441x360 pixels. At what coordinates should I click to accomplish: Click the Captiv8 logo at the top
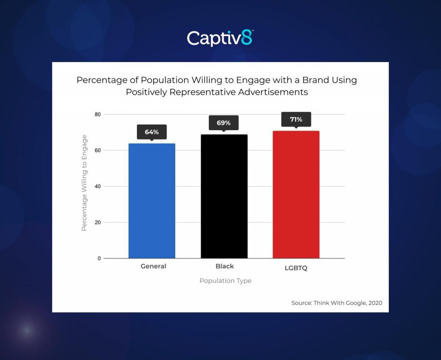click(x=220, y=38)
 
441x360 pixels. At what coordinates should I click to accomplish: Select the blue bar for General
click(x=152, y=201)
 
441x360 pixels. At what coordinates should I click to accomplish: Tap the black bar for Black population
click(x=224, y=197)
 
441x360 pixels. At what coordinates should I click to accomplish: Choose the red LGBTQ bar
click(x=296, y=195)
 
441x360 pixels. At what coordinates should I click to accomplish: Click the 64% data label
click(x=152, y=132)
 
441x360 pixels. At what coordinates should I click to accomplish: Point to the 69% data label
click(x=224, y=123)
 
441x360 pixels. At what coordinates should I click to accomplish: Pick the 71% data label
click(x=296, y=119)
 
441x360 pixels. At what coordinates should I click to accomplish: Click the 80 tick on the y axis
click(x=98, y=114)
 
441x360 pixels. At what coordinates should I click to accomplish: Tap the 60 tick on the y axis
click(x=98, y=150)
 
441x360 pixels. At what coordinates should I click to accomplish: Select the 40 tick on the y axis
click(x=98, y=186)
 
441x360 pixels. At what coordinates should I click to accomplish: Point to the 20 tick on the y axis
click(x=98, y=222)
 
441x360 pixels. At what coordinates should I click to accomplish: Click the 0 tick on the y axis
click(x=99, y=258)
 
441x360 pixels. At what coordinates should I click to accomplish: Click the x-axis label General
click(x=153, y=266)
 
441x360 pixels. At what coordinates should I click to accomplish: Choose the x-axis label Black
click(x=224, y=266)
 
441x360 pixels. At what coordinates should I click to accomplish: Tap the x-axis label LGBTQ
click(x=296, y=267)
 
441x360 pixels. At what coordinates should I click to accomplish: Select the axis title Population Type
click(x=225, y=281)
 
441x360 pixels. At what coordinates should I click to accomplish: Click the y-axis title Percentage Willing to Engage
click(x=84, y=183)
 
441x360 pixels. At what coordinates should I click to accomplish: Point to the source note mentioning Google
click(x=337, y=303)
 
